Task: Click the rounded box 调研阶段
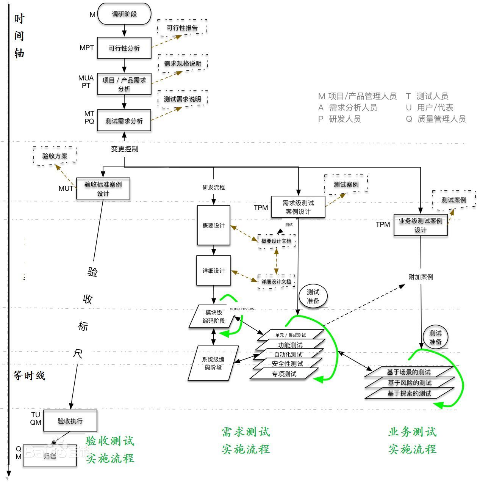124,14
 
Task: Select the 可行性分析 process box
124,48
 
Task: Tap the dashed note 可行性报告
182,28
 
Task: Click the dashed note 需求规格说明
183,63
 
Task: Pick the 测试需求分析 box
124,121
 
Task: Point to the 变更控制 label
125,149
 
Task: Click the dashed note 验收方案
55,156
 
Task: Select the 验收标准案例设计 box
103,188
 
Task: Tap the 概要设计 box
214,226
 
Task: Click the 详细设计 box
214,271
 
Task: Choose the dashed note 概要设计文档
277,241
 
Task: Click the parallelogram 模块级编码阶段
214,317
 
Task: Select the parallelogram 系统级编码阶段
213,363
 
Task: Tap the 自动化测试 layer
288,355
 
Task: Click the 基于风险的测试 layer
410,383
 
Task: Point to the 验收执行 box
70,421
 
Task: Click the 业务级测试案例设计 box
421,225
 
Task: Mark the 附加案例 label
421,277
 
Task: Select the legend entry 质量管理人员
441,119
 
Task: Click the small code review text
242,309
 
